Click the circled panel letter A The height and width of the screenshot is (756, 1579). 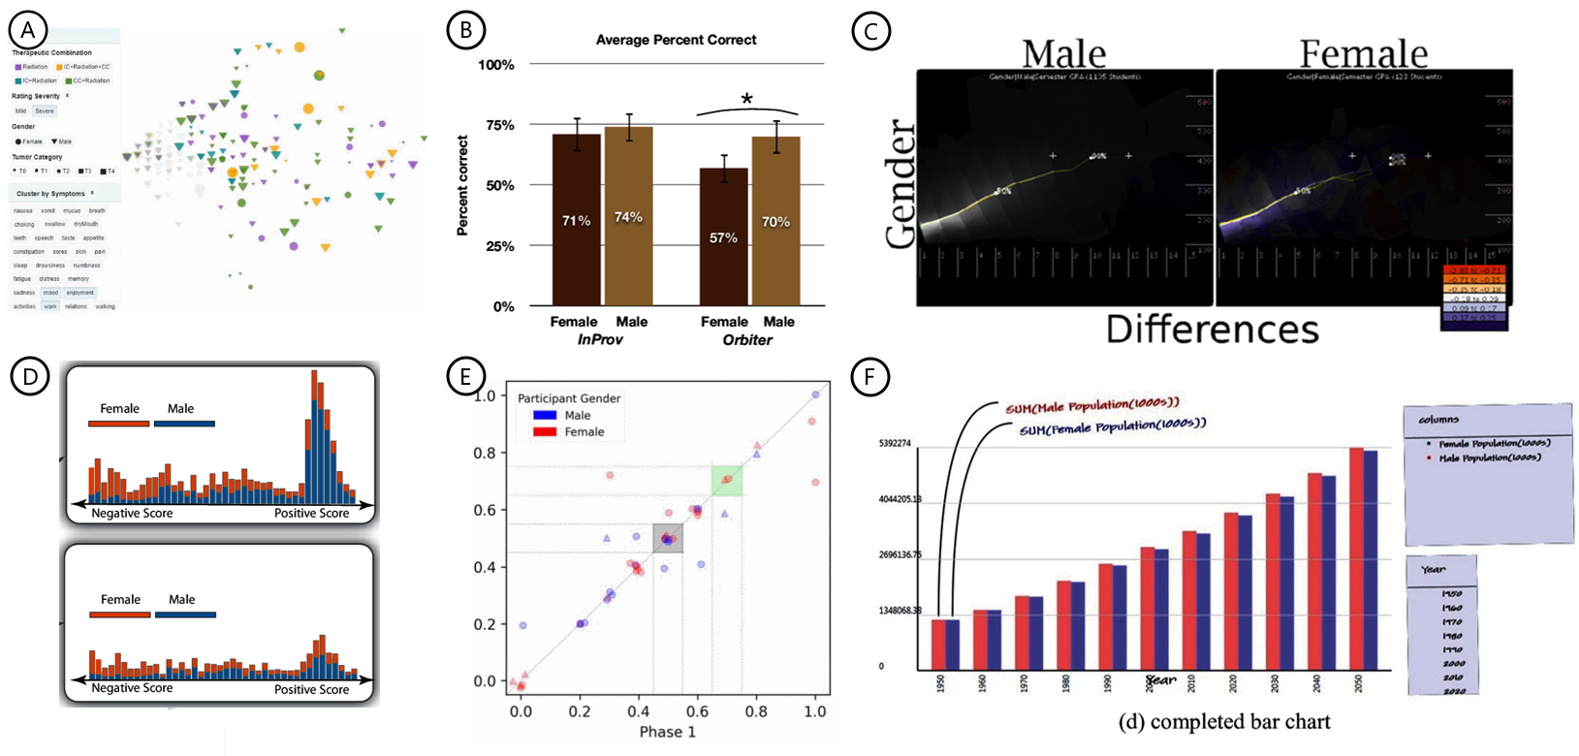(x=28, y=30)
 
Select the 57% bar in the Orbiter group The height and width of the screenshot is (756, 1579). (x=723, y=237)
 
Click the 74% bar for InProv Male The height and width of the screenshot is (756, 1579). (x=628, y=216)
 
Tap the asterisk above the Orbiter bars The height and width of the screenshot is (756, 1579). (x=746, y=100)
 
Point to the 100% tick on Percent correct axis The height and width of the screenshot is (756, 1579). (x=496, y=65)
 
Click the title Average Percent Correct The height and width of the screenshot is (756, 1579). (x=676, y=40)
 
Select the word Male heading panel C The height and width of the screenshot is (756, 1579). (x=1063, y=53)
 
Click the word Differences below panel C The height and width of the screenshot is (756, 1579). (x=1212, y=330)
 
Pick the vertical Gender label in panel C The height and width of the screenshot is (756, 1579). (x=900, y=184)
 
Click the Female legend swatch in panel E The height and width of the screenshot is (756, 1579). (x=544, y=432)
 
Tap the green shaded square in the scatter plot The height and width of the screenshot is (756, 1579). (x=727, y=481)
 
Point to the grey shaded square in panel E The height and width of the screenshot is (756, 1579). (x=668, y=538)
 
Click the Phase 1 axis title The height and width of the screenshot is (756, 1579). (x=667, y=732)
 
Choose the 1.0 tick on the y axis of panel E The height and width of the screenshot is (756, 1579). (x=485, y=395)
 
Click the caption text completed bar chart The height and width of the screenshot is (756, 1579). (x=1224, y=722)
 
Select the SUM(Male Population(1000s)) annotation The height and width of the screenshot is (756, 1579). (x=1091, y=406)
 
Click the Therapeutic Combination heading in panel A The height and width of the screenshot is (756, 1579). (x=51, y=52)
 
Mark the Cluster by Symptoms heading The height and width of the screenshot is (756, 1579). (x=50, y=194)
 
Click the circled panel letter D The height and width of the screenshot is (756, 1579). (x=30, y=376)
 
